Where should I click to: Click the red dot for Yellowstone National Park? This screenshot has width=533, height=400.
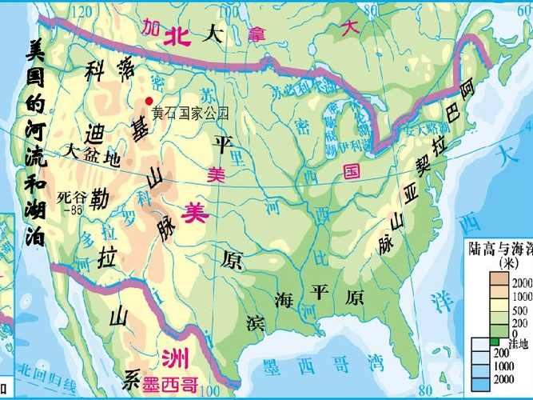[148, 100]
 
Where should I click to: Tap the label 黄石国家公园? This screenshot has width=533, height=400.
[190, 114]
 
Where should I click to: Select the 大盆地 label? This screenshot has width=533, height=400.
[92, 151]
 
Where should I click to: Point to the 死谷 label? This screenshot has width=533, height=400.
[70, 195]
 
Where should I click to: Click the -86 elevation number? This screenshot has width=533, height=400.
[77, 210]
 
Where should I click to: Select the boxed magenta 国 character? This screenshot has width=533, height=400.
[350, 170]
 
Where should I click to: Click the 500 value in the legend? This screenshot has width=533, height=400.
[520, 310]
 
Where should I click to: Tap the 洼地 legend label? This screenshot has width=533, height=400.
[519, 344]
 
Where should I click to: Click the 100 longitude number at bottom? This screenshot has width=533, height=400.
[209, 391]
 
